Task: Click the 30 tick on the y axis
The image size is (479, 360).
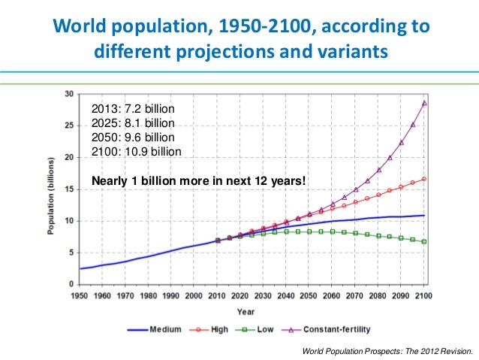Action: pyautogui.click(x=69, y=94)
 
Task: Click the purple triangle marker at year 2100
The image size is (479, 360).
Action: pyautogui.click(x=425, y=103)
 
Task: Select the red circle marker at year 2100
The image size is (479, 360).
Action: pyautogui.click(x=425, y=179)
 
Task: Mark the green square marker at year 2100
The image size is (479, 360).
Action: pyautogui.click(x=425, y=241)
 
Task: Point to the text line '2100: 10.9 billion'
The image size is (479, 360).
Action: pyautogui.click(x=136, y=151)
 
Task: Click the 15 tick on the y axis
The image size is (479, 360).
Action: pyautogui.click(x=69, y=189)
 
